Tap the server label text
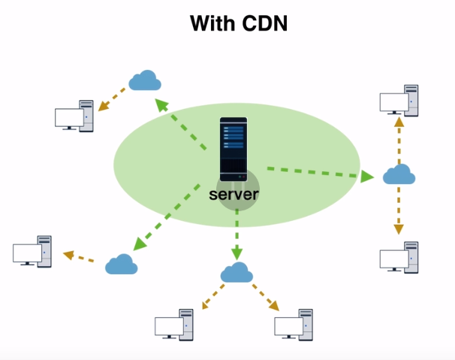pyautogui.click(x=234, y=195)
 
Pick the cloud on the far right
pyautogui.click(x=399, y=174)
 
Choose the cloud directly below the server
pyautogui.click(x=237, y=272)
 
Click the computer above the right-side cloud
pyautogui.click(x=399, y=101)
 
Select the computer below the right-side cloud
pyautogui.click(x=399, y=256)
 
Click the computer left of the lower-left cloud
pyautogui.click(x=33, y=251)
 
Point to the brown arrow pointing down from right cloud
pyautogui.click(x=399, y=210)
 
